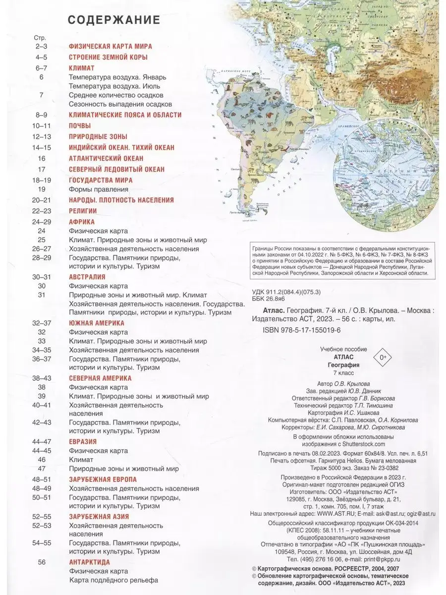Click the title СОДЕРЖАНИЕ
113,20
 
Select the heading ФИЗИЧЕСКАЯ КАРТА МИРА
110,46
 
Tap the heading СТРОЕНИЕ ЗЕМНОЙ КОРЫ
108,57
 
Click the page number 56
42,562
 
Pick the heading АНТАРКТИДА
89,562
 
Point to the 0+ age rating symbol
382,357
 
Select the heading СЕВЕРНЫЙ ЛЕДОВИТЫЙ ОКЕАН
116,169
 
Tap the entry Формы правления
99,189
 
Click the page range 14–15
41,147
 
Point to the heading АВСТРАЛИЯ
87,277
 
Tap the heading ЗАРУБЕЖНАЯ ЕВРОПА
103,479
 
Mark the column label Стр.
39,38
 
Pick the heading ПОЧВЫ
80,125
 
